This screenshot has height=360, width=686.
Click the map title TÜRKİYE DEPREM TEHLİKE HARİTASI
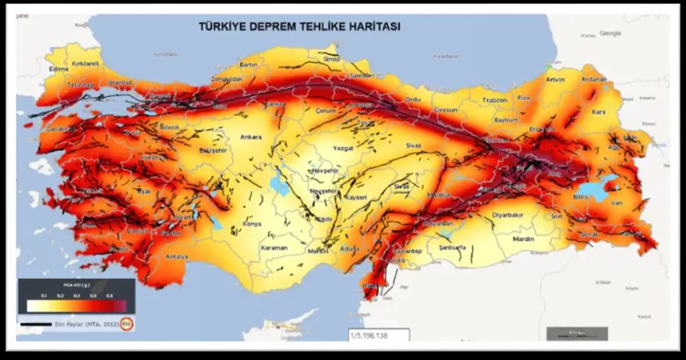(x=299, y=26)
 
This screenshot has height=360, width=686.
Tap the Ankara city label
(x=250, y=137)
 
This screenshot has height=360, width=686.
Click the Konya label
(x=252, y=224)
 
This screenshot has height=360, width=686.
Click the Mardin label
(x=524, y=240)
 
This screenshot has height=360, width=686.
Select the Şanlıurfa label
(x=452, y=248)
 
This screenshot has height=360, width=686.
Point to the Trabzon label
(x=493, y=100)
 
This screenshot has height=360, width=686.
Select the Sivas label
(x=413, y=145)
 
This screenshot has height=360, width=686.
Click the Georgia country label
(x=610, y=33)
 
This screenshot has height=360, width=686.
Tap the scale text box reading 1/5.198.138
(x=378, y=336)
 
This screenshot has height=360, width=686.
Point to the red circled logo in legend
(x=127, y=323)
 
